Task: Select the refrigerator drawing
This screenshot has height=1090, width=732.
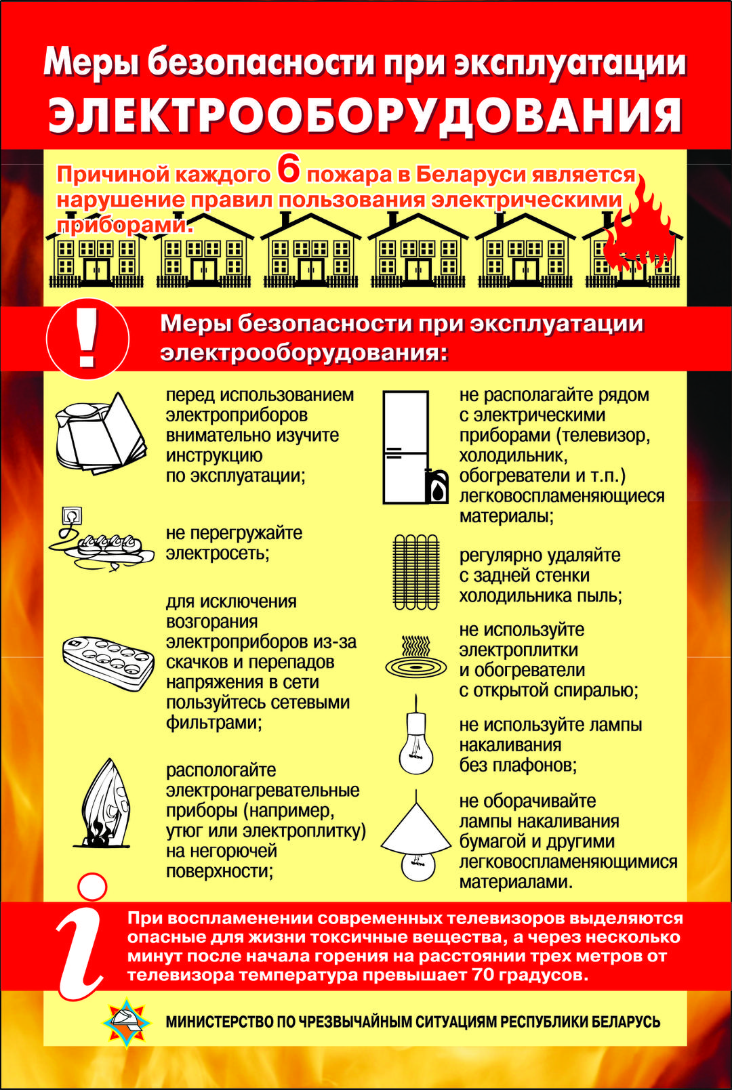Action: [405, 446]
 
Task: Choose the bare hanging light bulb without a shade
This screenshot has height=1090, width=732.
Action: [415, 735]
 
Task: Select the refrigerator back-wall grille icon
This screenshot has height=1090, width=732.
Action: [415, 572]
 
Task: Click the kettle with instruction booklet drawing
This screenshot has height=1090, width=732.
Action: [101, 433]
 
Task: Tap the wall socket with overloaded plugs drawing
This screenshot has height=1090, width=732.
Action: [101, 539]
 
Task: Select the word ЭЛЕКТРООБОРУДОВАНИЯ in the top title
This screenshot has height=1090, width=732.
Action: [365, 117]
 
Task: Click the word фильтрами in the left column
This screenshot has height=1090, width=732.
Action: [214, 722]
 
